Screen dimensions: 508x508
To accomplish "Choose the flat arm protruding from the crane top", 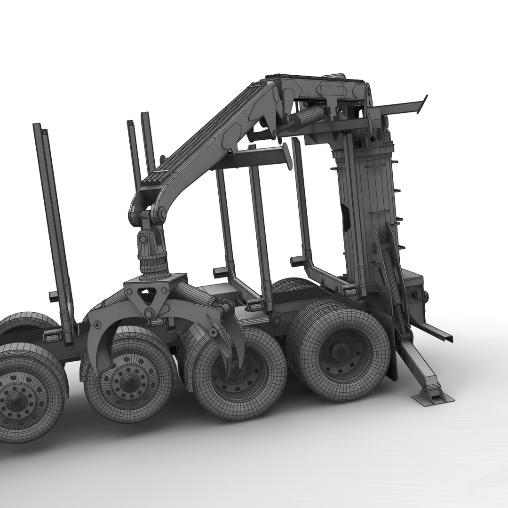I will pyautogui.click(x=400, y=107).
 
